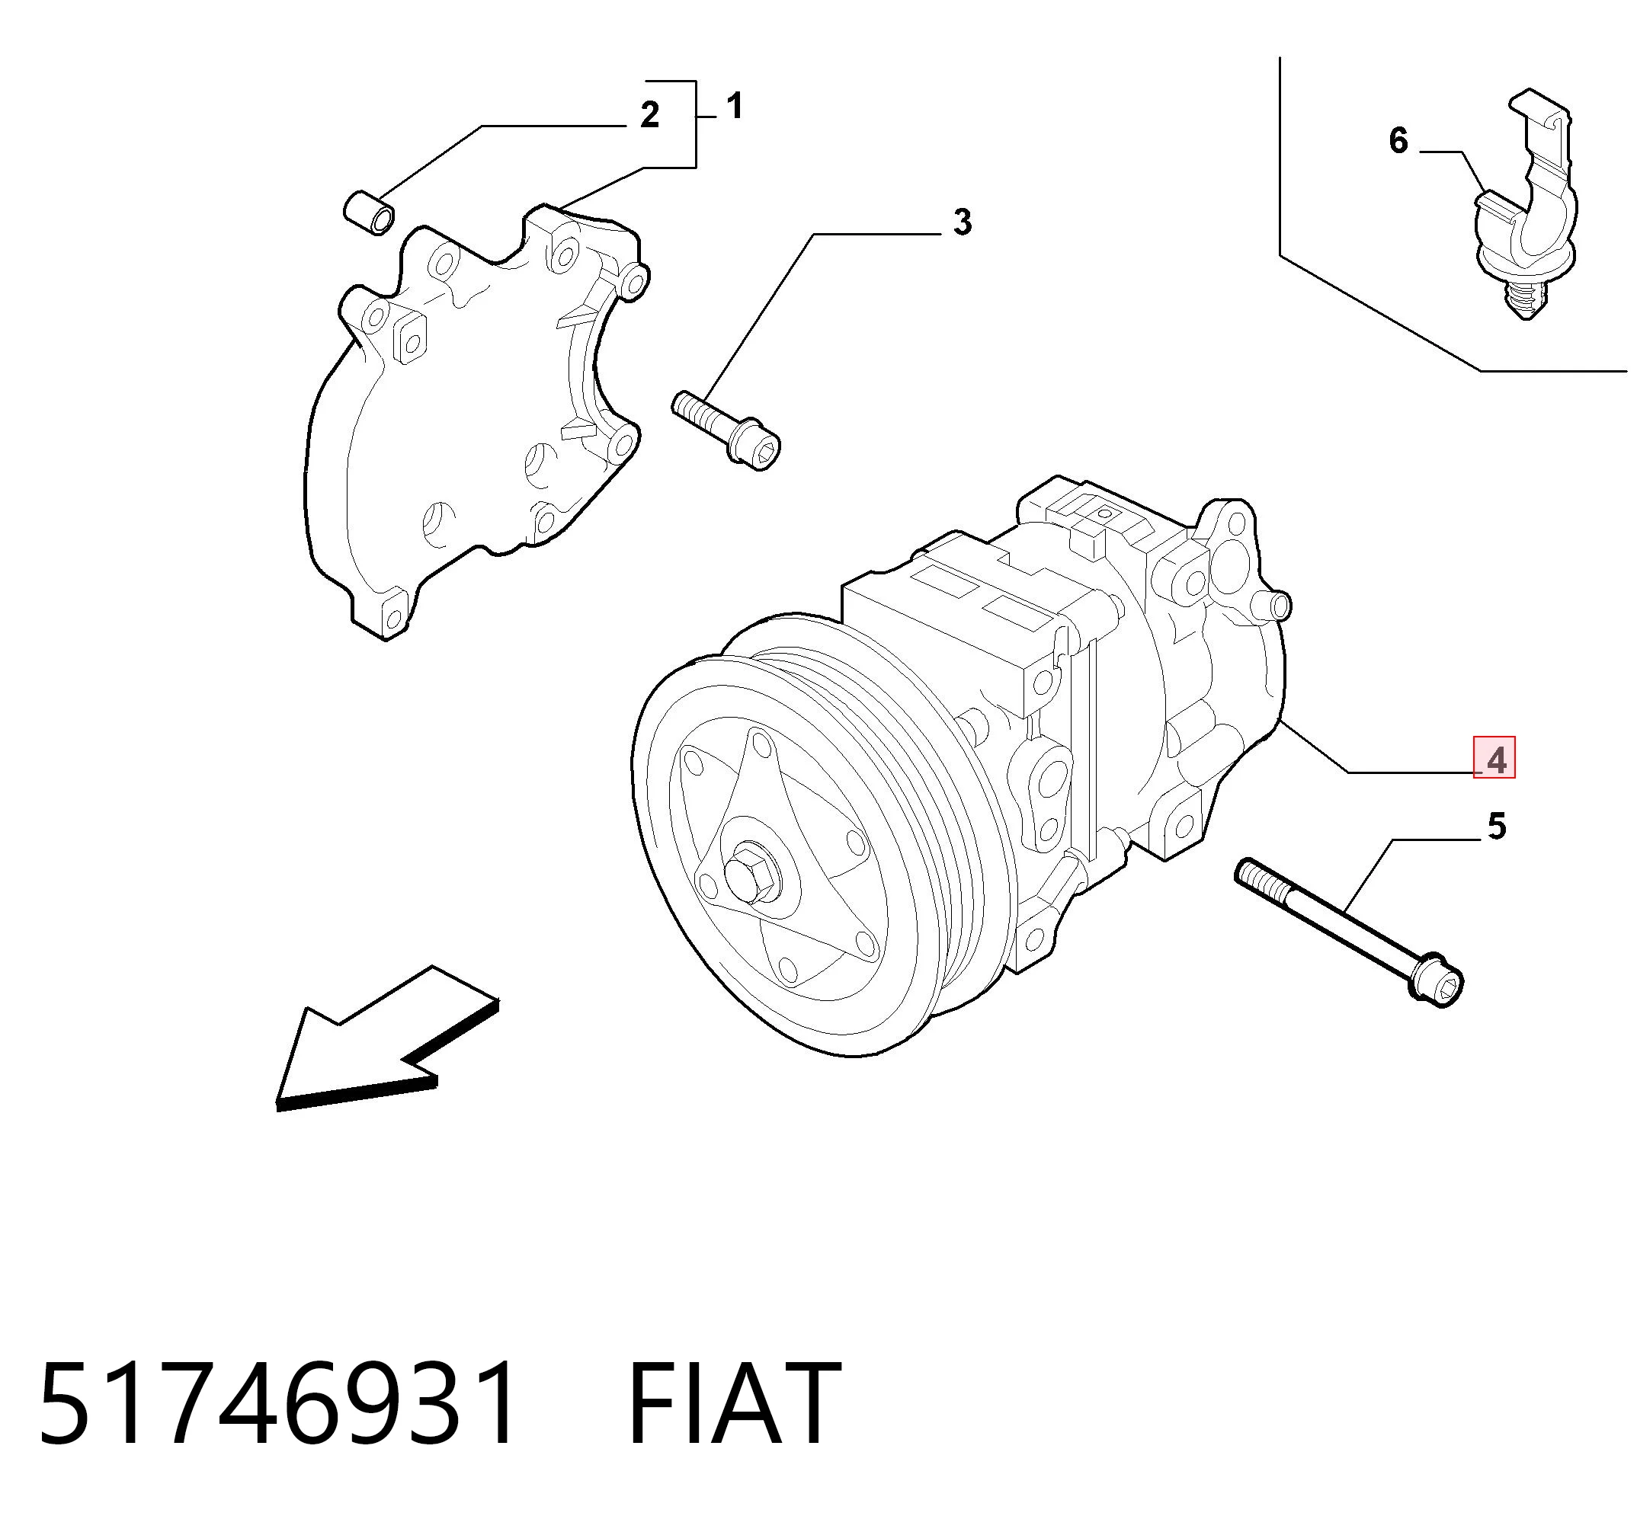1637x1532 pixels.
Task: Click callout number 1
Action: pos(735,106)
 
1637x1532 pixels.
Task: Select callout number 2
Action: pos(650,115)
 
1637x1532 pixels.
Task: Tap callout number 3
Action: pos(962,222)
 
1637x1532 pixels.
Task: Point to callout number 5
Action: pos(1496,826)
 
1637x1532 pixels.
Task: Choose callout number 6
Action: pos(1398,141)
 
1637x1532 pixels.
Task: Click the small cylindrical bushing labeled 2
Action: pos(369,212)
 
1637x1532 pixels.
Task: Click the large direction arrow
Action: pos(387,1039)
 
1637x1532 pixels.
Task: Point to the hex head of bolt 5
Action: pos(1437,983)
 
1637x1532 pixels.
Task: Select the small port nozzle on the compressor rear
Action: pos(1275,605)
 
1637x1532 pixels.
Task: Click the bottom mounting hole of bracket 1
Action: pos(393,619)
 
